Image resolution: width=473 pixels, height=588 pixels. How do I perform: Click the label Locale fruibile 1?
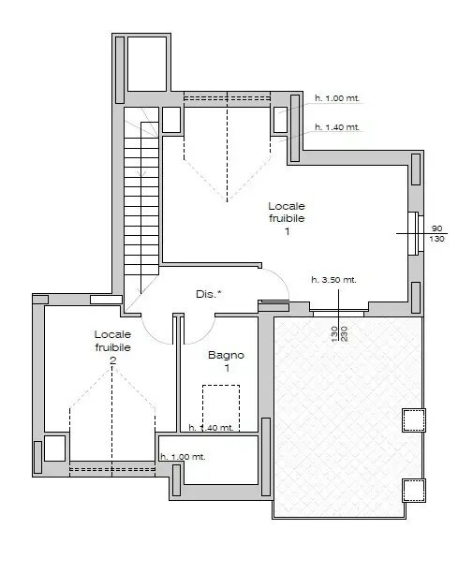coord(287,218)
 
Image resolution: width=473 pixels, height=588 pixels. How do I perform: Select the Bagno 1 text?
coord(226,361)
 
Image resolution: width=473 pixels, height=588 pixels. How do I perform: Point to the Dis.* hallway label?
coord(209,294)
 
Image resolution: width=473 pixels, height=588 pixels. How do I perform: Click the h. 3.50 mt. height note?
coord(333,280)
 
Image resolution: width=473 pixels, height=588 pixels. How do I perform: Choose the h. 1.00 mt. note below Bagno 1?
coord(183,457)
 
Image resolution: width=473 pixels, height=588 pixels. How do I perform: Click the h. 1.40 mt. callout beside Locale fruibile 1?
coord(336,127)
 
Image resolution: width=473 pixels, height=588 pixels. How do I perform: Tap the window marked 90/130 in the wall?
coord(413,233)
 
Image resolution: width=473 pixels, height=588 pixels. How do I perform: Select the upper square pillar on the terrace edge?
coord(412,420)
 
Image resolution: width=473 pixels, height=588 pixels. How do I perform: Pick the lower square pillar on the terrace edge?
coord(413,489)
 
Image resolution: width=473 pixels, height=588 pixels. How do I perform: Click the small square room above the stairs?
coord(146,63)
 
